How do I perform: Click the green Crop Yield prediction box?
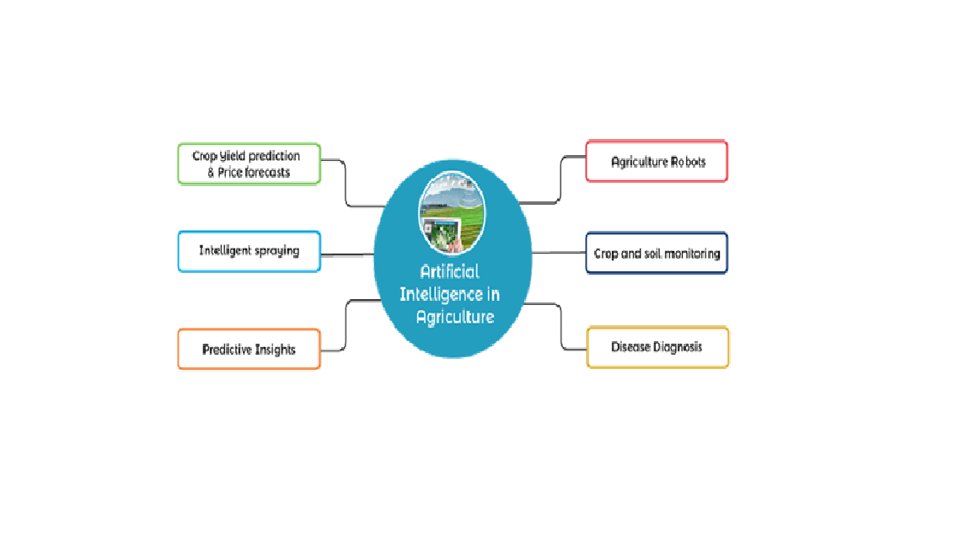point(249,164)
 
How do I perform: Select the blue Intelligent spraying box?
point(249,251)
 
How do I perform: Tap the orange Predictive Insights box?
point(249,349)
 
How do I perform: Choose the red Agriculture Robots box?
point(657,161)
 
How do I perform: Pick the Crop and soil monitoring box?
point(657,253)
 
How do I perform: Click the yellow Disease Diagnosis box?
point(657,347)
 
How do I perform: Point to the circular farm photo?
point(452,213)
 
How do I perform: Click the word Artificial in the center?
point(449,271)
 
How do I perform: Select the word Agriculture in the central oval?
point(455,318)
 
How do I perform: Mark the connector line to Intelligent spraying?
point(347,254)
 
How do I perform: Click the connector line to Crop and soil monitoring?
point(559,253)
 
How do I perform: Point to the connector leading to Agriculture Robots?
point(561,179)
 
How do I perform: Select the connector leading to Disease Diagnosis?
point(561,327)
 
